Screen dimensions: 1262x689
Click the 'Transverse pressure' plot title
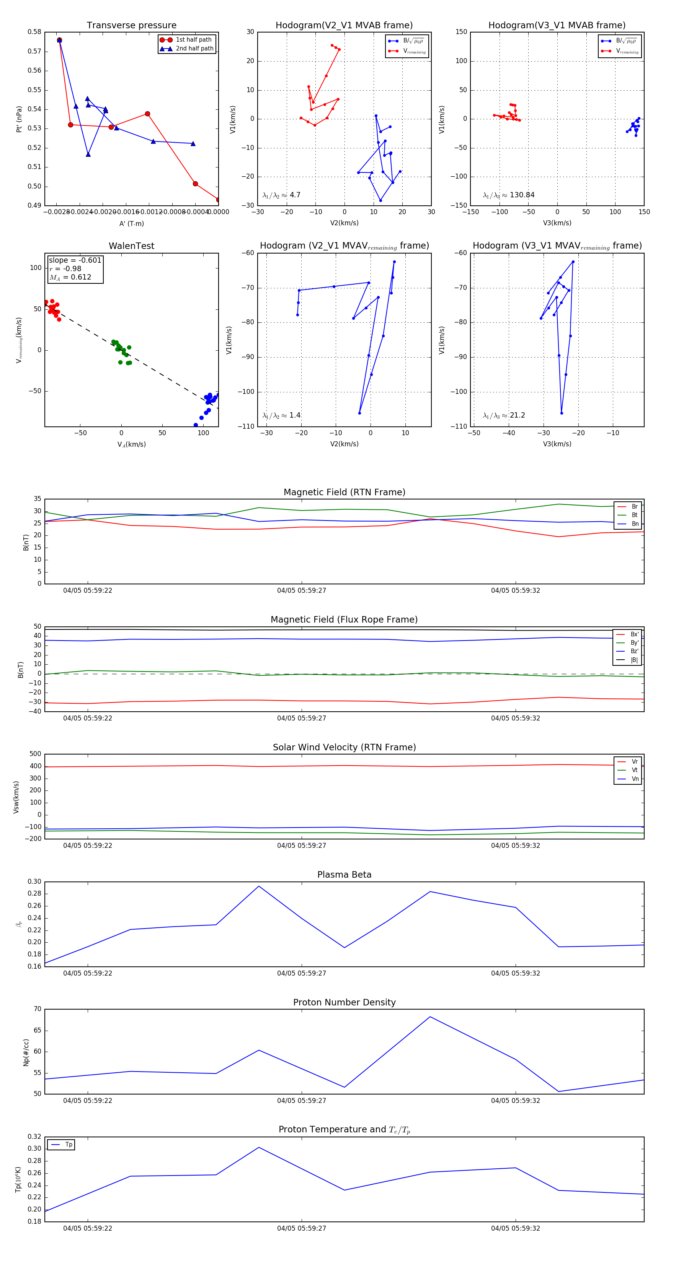click(x=131, y=26)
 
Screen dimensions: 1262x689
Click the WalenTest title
click(x=131, y=246)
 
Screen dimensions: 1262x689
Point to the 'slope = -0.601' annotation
click(x=75, y=260)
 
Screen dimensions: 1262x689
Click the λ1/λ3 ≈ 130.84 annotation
click(x=509, y=195)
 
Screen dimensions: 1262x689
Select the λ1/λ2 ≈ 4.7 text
click(x=281, y=195)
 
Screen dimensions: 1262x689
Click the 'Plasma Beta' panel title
click(x=344, y=875)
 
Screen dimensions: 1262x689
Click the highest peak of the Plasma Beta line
click(x=259, y=886)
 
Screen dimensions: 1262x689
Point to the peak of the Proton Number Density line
click(x=430, y=1016)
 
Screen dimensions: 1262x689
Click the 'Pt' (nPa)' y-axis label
click(x=19, y=119)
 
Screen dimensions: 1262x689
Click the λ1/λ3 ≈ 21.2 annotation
click(x=504, y=415)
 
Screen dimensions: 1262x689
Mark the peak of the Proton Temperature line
click(x=259, y=1147)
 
